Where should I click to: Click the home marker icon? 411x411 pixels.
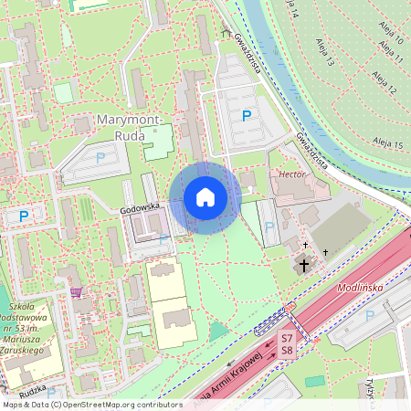coord(205,198)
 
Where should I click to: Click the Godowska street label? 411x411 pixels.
coord(140,208)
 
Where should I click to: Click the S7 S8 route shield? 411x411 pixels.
coord(287,344)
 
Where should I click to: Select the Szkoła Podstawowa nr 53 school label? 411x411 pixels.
coord(34,326)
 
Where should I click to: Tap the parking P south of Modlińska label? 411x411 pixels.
coord(370,315)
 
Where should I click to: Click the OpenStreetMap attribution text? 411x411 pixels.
coord(92,404)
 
